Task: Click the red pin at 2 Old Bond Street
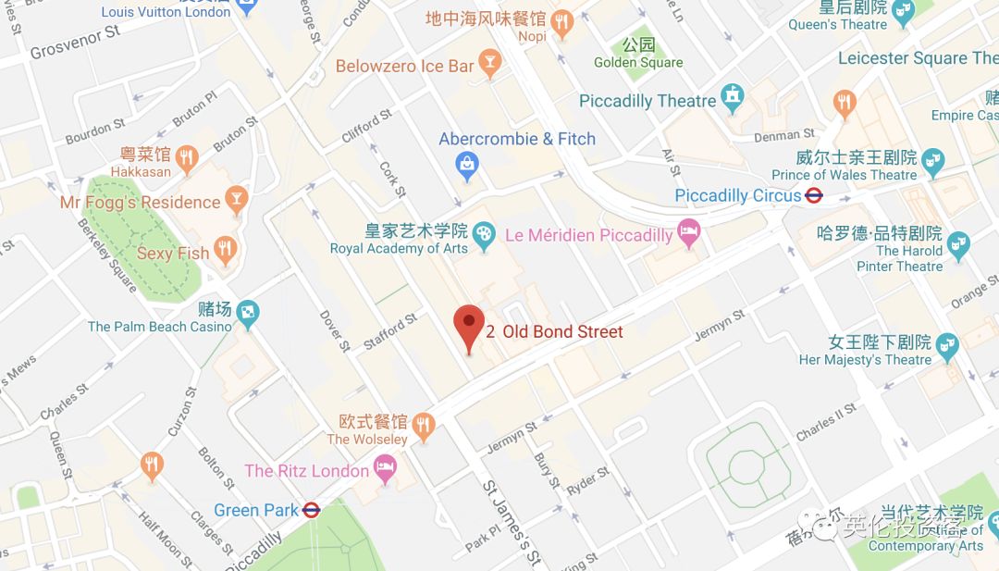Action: (469, 326)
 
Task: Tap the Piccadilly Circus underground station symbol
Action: (814, 196)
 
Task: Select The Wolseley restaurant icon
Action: (424, 425)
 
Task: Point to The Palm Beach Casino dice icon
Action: (247, 314)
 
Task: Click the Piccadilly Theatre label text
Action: (647, 101)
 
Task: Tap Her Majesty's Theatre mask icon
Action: (946, 346)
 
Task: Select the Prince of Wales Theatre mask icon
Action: (933, 160)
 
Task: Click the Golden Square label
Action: (638, 62)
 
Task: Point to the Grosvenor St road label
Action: (75, 42)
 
